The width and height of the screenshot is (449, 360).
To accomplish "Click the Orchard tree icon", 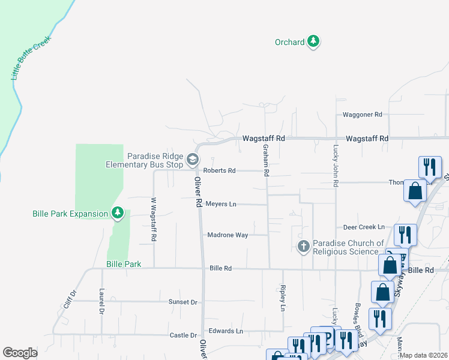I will [313, 41].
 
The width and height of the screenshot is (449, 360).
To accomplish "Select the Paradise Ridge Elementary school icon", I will [193, 159].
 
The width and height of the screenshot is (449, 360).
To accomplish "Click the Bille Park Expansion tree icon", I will [118, 213].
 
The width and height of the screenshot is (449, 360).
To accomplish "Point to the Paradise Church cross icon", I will [304, 246].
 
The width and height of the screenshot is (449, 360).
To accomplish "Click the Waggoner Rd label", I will [362, 114].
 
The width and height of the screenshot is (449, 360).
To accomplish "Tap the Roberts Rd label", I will [219, 170].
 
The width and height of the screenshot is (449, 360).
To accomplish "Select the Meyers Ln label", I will [221, 204].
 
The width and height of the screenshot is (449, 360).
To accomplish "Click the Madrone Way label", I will [228, 235].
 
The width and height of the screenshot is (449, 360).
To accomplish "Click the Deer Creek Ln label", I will [363, 227].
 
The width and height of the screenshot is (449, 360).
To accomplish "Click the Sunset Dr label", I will [182, 302].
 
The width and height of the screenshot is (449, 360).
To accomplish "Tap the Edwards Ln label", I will [226, 331].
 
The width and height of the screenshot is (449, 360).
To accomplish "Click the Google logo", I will [20, 353].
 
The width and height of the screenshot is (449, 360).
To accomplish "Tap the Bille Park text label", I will [124, 264].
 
